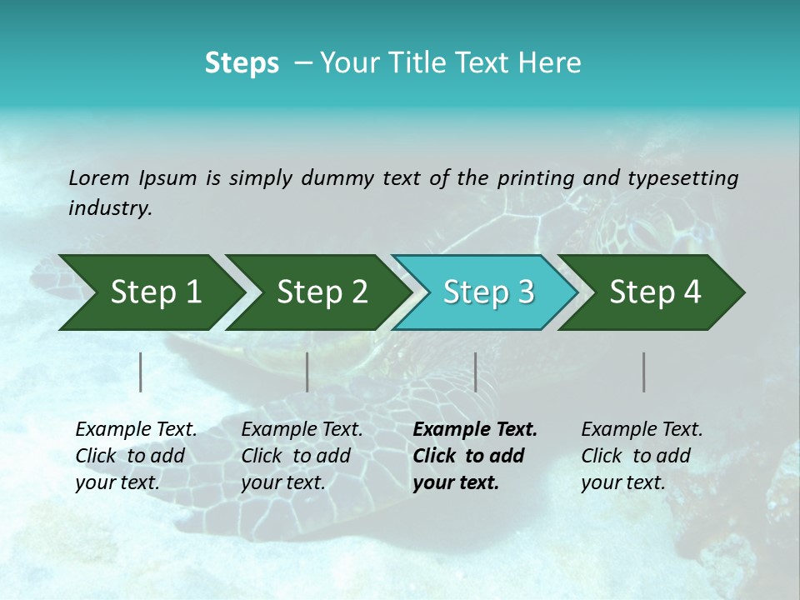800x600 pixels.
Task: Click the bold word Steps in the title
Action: [242, 63]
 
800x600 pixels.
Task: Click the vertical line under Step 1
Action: [141, 372]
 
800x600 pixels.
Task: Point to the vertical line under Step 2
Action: [307, 372]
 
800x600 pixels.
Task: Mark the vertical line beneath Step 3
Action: [475, 372]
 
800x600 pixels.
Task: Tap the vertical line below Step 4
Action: [644, 372]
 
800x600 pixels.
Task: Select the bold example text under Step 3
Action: [474, 456]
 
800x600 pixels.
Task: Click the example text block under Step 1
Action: [136, 456]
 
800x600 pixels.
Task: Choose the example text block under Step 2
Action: [302, 456]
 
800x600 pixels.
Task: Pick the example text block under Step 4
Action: [642, 456]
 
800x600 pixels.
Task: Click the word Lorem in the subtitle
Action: [99, 177]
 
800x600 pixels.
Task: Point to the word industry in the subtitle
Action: [110, 208]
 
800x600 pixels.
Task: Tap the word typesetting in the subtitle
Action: [682, 178]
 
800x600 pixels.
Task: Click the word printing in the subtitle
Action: [536, 178]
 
